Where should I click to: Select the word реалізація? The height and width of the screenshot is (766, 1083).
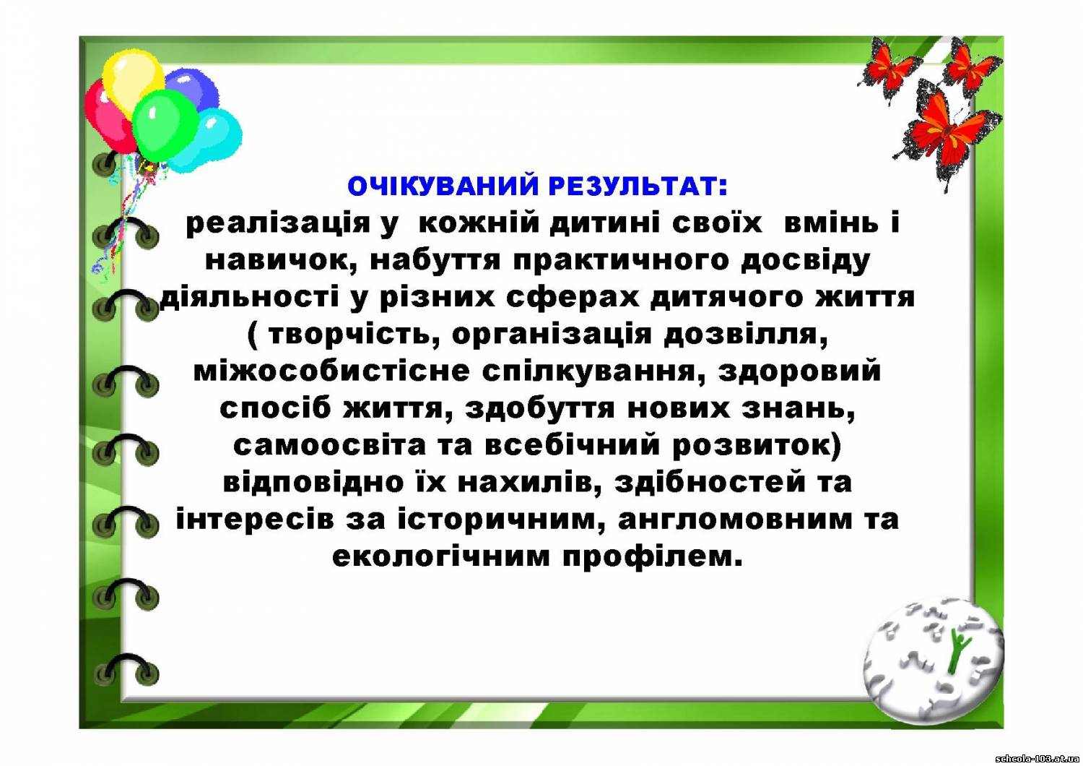pyautogui.click(x=278, y=225)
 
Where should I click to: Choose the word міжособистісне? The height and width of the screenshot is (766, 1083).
pyautogui.click(x=331, y=372)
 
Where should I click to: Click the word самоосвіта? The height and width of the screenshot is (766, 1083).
pyautogui.click(x=329, y=446)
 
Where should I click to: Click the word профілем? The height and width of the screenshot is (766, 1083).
pyautogui.click(x=653, y=558)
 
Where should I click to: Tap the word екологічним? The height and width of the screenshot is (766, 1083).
pyautogui.click(x=441, y=557)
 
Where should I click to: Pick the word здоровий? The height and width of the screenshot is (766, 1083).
pyautogui.click(x=799, y=372)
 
